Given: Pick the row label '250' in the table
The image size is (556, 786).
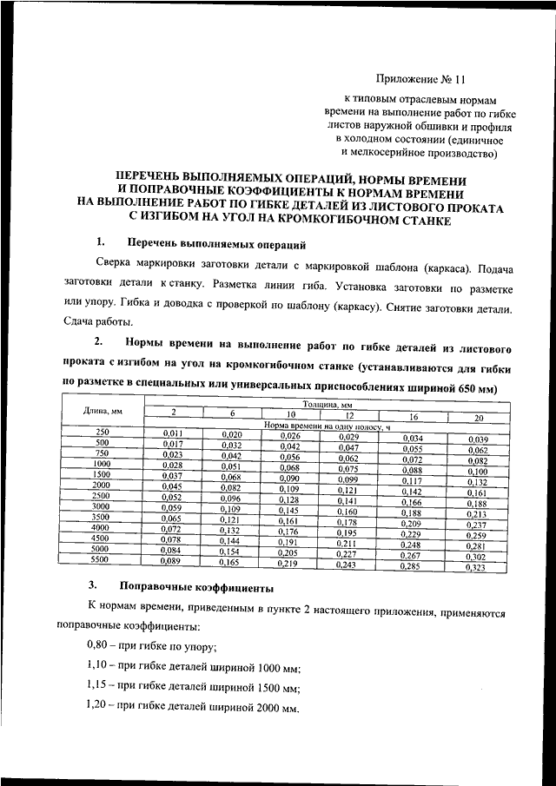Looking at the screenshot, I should pyautogui.click(x=102, y=432).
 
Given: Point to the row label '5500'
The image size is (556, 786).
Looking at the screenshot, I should pyautogui.click(x=101, y=560).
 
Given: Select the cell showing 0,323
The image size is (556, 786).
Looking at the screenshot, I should pyautogui.click(x=478, y=567).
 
